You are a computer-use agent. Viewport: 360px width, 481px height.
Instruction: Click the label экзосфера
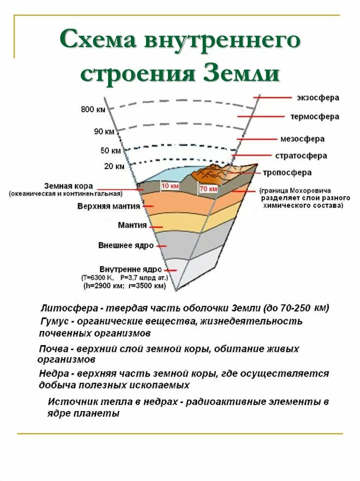(318, 98)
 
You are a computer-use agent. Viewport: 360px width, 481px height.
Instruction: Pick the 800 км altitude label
(93, 110)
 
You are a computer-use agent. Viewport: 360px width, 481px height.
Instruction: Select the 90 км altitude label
(104, 132)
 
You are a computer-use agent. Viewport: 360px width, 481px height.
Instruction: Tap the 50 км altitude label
(111, 151)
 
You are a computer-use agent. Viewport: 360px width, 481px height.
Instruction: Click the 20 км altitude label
(114, 166)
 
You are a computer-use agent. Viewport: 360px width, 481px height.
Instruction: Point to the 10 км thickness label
(170, 186)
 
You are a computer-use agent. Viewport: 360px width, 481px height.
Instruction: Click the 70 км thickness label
(208, 189)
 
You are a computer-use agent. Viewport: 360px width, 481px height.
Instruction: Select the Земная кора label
(69, 186)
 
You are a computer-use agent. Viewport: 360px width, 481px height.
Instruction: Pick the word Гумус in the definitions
(53, 322)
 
